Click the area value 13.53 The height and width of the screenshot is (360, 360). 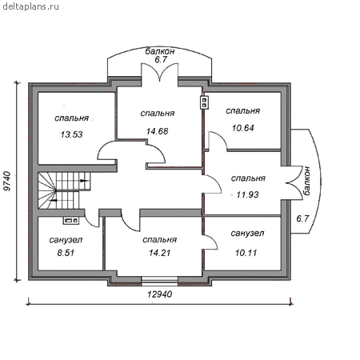[71, 134]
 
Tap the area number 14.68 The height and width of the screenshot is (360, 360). [158, 131]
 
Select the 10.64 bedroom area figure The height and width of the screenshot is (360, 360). [243, 128]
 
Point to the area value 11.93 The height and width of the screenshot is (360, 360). [247, 194]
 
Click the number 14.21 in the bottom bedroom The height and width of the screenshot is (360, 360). [160, 253]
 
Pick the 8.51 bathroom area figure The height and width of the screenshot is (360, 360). [66, 253]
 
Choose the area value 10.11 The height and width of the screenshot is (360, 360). [246, 253]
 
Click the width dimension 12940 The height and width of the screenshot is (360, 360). [160, 294]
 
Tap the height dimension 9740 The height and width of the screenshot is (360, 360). [8, 182]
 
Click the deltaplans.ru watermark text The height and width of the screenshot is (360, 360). [30, 6]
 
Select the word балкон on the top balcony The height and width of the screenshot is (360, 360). [160, 51]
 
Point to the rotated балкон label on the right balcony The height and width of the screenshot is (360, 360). [306, 181]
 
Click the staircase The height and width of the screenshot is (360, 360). [64, 190]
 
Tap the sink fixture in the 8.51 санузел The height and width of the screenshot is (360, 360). [71, 220]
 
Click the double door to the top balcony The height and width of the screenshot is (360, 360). [159, 72]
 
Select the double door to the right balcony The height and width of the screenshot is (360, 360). [294, 183]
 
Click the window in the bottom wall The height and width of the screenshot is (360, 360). [159, 282]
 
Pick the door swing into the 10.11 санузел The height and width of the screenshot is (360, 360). [210, 242]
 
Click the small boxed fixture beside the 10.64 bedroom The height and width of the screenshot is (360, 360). [205, 102]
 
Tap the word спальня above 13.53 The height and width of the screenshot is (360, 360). [71, 118]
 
